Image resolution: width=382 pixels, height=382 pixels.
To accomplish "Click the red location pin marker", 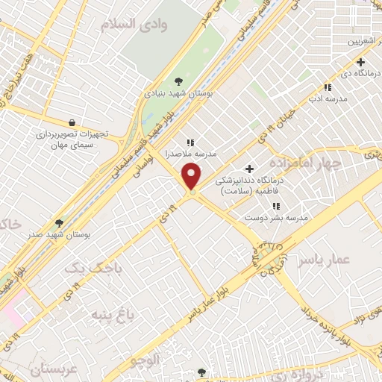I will point(192,177).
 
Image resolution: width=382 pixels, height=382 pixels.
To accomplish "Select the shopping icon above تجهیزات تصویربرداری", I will point(71,122).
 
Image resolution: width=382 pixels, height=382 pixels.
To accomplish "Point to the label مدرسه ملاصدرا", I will point(192,153).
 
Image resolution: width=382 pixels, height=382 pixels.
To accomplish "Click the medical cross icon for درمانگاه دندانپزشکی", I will point(249,168).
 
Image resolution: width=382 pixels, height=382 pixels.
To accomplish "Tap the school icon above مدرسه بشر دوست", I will point(276,205).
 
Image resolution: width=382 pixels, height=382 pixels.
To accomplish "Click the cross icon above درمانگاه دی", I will point(360,63).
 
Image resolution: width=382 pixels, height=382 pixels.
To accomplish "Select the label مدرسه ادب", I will point(326,97).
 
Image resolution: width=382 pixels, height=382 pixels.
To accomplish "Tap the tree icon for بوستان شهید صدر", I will point(59,222).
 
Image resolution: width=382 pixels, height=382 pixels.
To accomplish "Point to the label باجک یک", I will point(92,266).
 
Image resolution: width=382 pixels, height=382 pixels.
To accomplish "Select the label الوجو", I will point(145,361).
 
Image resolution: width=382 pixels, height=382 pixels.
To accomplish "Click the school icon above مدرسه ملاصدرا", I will point(190,142).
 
